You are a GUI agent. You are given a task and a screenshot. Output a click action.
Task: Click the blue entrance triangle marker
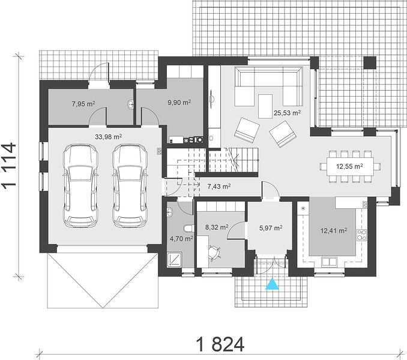coord(272,284)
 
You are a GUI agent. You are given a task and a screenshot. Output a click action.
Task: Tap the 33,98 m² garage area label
coord(109,137)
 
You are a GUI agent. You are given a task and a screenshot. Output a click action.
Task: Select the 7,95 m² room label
coord(83,104)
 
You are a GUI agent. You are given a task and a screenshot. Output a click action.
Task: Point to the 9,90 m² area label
coord(179,103)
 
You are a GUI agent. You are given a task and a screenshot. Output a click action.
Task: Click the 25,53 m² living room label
coord(287,113)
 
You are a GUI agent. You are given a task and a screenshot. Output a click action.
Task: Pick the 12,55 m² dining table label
coord(349,166)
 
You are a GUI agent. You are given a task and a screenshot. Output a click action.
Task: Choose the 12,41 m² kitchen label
coord(334,230)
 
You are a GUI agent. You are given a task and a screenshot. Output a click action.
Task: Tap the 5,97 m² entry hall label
coord(271,228)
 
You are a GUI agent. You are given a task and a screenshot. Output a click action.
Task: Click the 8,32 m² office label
coord(217,227)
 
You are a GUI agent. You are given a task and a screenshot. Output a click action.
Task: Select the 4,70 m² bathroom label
coord(181,238)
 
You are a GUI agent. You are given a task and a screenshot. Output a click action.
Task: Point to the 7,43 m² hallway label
coord(219,186)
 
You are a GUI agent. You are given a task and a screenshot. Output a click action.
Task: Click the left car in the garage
coord(80,186)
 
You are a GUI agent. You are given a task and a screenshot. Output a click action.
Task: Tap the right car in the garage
coord(130,186)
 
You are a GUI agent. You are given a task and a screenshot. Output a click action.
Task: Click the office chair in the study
coord(215,253)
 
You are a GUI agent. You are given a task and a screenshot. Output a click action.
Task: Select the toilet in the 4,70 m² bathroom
coord(188,229)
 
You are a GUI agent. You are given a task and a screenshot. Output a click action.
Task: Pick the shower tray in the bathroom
coord(175,259)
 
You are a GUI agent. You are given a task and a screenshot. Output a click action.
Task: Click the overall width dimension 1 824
coord(220,344)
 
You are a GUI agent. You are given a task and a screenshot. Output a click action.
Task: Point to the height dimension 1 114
coord(10,165)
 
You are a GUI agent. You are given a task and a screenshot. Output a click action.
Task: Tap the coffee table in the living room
coord(265,106)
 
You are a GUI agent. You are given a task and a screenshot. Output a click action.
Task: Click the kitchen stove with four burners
coord(361,235)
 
